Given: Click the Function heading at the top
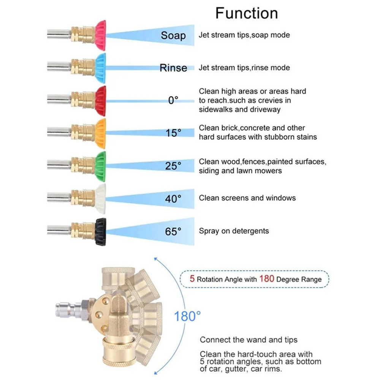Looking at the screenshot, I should tap(247, 13).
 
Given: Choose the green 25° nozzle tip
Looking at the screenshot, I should tap(100, 166).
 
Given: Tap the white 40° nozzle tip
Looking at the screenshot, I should tap(100, 198).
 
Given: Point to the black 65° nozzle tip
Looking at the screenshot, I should tap(100, 231).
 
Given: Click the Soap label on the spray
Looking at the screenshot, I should tap(173, 35).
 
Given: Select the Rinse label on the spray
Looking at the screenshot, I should tap(173, 68).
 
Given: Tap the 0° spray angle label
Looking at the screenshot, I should tap(173, 100).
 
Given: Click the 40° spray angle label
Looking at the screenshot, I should tap(173, 198).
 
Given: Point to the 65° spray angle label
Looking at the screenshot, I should tap(173, 231).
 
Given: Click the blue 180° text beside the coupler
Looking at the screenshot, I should tap(187, 316).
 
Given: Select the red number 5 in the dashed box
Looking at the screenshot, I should tap(192, 279).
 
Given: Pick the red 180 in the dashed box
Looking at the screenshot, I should tap(267, 279).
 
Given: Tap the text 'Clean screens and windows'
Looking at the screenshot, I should tap(247, 198).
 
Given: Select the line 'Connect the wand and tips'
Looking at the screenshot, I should tap(249, 340).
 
